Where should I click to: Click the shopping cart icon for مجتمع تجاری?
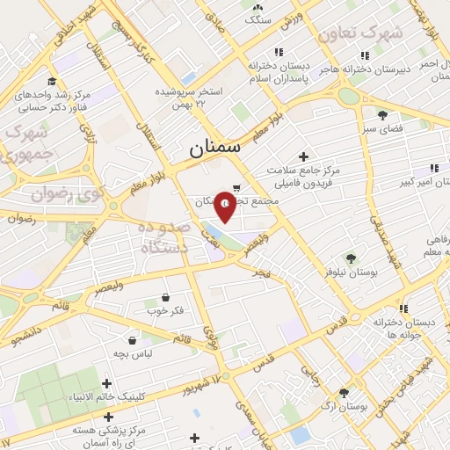[236, 186]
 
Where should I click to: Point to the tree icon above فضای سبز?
[382, 114]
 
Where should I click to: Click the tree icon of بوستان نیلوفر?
[352, 258]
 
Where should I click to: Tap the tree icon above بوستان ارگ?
[344, 393]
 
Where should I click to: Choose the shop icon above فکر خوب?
[165, 297]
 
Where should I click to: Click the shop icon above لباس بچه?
[132, 339]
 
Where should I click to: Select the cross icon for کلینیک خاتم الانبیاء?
[107, 383]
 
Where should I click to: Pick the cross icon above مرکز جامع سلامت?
[304, 156]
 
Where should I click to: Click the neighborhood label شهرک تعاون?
[360, 34]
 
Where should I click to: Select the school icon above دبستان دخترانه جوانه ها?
[403, 308]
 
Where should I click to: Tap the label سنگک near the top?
[259, 18]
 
